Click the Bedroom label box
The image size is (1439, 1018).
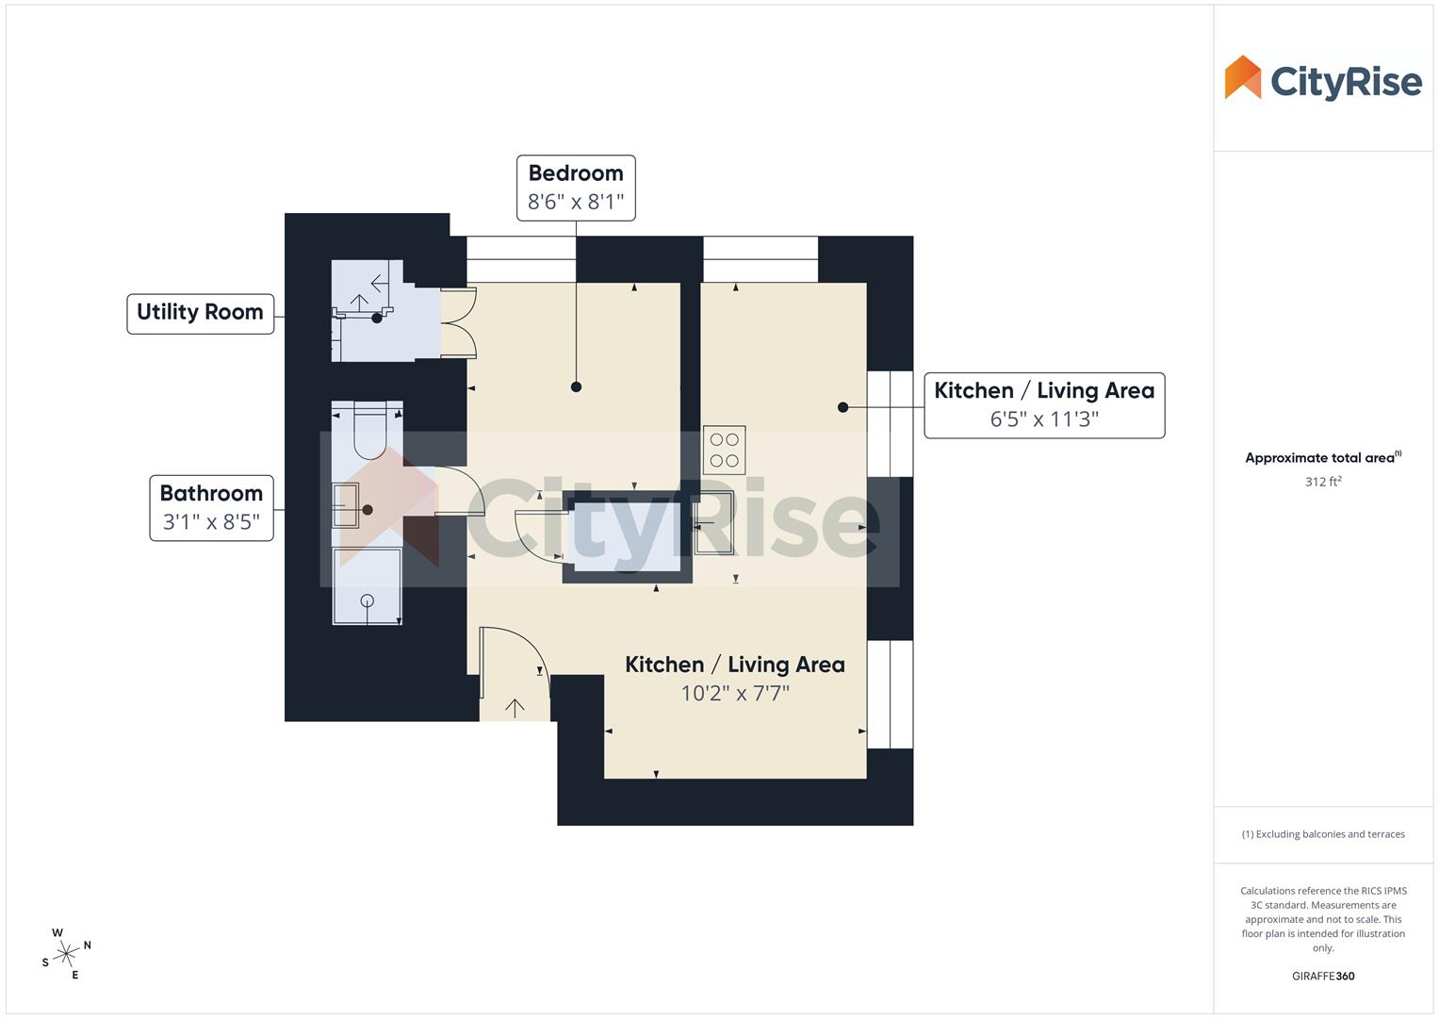click(576, 188)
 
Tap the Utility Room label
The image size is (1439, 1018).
click(200, 313)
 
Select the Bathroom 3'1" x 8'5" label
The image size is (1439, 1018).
click(211, 508)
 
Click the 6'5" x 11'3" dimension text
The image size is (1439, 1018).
click(1044, 419)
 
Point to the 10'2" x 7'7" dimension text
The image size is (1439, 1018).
click(735, 694)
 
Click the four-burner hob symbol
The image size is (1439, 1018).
click(724, 451)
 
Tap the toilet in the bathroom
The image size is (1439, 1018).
click(369, 434)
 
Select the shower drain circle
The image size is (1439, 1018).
click(368, 600)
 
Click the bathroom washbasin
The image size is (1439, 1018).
click(345, 505)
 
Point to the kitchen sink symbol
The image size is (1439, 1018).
click(712, 522)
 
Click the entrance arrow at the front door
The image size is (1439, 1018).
click(515, 708)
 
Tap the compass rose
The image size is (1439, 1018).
click(66, 955)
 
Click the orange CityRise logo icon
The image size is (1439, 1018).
click(1242, 77)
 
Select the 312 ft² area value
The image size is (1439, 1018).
click(1323, 482)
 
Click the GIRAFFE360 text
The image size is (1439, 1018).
click(1323, 977)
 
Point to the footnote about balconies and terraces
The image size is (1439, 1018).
click(1323, 834)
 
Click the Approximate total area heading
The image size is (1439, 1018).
click(1321, 458)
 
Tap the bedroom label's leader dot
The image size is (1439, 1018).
click(576, 386)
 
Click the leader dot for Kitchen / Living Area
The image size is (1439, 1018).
click(842, 407)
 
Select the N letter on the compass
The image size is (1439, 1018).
click(88, 944)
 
